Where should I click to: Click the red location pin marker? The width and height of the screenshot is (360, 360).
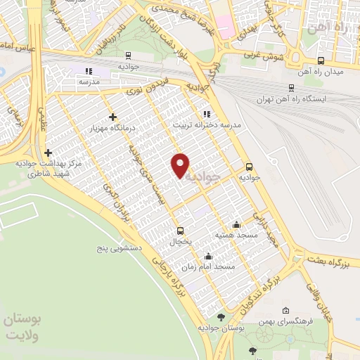(181, 165)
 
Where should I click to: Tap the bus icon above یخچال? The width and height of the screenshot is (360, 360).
(180, 231)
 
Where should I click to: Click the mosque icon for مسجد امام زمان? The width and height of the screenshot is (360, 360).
(207, 257)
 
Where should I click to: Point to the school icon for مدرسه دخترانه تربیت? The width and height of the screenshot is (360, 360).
(206, 113)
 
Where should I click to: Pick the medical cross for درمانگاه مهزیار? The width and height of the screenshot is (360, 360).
(112, 116)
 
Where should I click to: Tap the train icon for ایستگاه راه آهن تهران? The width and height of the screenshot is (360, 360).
(291, 88)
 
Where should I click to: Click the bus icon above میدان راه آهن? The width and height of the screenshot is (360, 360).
(321, 60)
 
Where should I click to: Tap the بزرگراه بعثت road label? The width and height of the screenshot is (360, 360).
(330, 262)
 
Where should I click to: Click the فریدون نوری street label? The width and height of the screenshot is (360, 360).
(148, 86)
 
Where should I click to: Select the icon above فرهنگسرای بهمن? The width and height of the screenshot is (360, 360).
(285, 310)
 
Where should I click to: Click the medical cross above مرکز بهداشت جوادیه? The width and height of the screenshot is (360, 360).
(48, 153)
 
